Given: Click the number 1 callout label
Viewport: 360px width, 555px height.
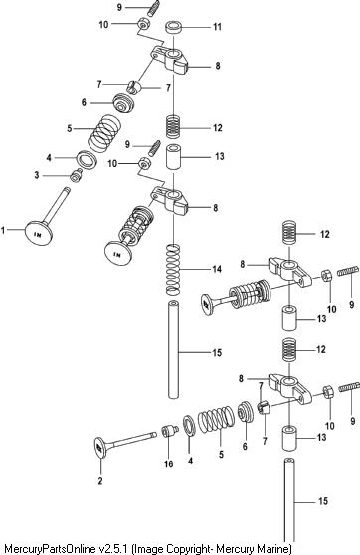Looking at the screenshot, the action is (x=3, y=231).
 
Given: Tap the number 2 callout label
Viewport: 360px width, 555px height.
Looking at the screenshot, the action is (x=100, y=481).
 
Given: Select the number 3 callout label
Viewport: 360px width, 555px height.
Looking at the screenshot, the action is (x=37, y=175).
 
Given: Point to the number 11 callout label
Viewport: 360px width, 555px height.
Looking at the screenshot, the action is (x=217, y=27).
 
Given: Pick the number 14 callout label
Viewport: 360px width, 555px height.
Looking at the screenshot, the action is (x=217, y=269).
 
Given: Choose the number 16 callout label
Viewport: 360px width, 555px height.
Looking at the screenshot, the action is (x=169, y=463).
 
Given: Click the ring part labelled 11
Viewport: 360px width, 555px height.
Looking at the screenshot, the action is (x=174, y=28).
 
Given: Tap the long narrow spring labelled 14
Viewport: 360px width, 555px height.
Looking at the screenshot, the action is (x=174, y=270).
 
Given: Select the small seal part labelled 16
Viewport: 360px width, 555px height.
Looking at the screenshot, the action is (x=169, y=431).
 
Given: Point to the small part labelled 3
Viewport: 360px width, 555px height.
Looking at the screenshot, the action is (x=76, y=176).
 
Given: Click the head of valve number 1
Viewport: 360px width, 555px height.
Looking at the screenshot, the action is (x=39, y=233).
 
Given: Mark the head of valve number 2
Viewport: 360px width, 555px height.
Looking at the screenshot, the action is (x=100, y=448).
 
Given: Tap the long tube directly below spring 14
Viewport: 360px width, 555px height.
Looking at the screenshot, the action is (x=173, y=349).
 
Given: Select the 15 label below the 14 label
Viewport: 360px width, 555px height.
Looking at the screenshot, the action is (x=217, y=353).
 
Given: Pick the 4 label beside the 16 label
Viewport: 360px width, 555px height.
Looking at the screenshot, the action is (x=191, y=461).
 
